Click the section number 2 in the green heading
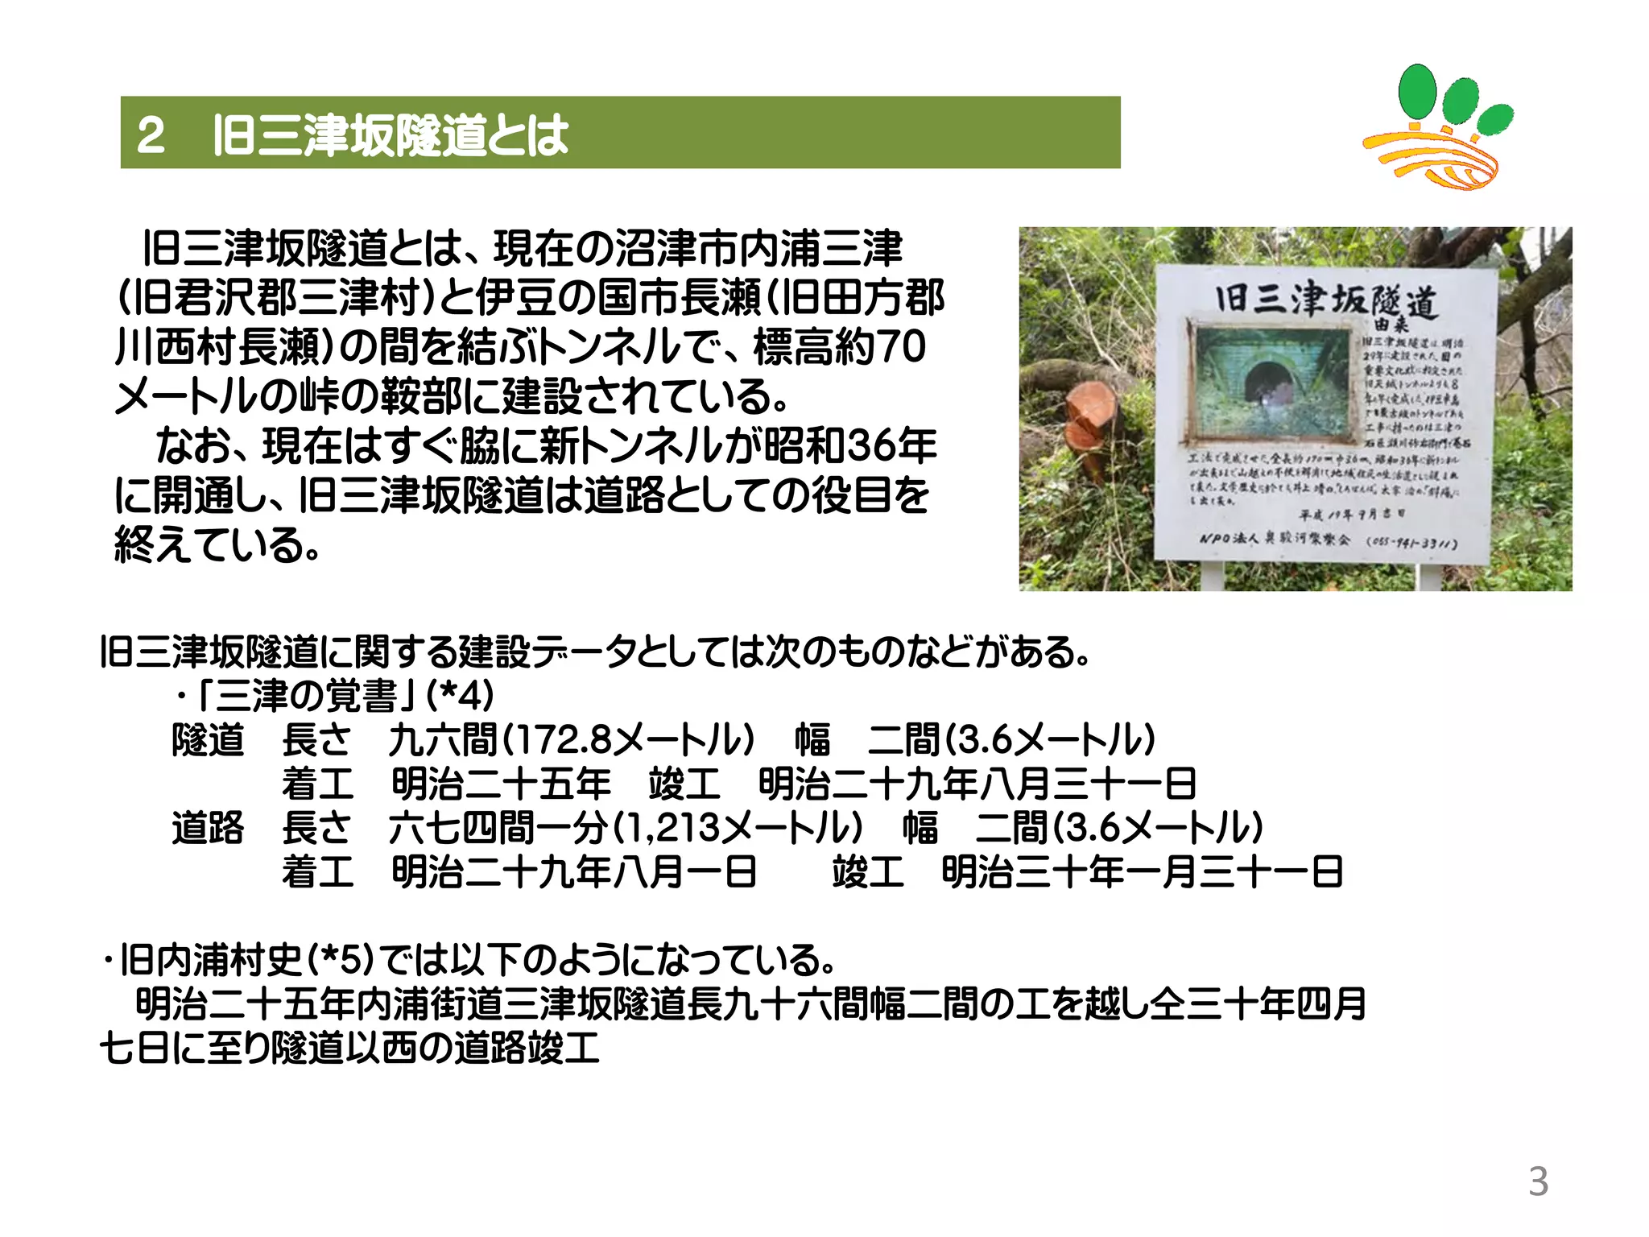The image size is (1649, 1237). pos(151,134)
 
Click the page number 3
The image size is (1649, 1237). pos(1538,1181)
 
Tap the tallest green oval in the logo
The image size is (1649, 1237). pos(1417,90)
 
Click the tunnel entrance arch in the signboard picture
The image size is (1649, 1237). pos(1267,383)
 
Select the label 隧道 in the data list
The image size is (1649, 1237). pos(208,739)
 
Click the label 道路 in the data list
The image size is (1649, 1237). pos(208,827)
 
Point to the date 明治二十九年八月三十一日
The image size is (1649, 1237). pos(977,784)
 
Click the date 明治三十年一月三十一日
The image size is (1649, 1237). pos(1142,871)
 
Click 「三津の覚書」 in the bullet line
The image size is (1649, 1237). pos(306,696)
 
